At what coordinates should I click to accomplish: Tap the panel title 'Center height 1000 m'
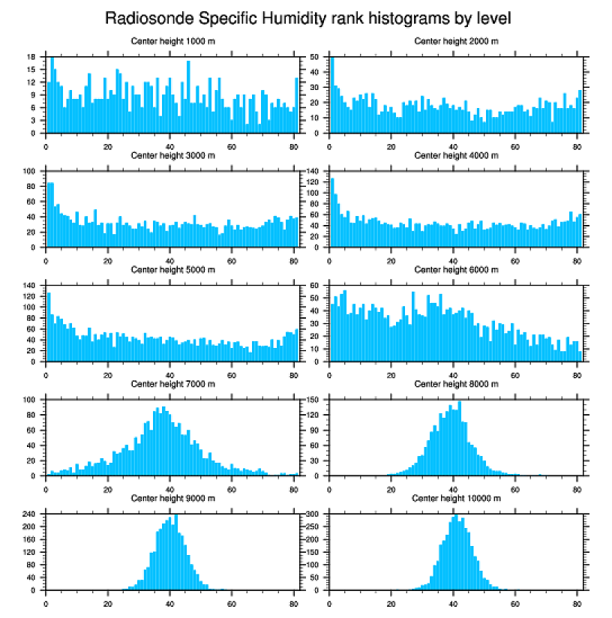[x=172, y=40]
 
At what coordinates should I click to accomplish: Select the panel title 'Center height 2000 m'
[x=456, y=40]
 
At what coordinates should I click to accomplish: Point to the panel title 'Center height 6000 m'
[x=456, y=269]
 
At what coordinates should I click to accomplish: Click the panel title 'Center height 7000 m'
[x=172, y=383]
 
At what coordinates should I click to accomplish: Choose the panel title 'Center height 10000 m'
[x=456, y=498]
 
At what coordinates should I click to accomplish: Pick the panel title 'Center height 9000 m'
[x=172, y=498]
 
